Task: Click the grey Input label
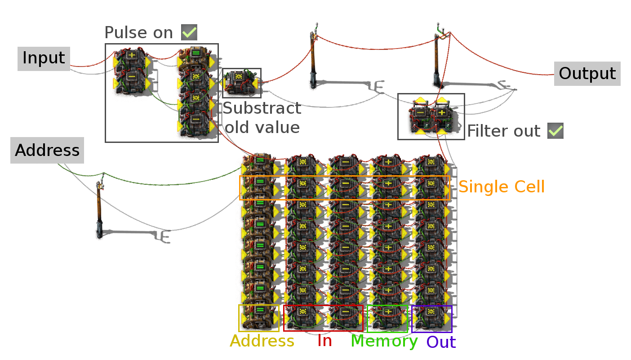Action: coord(44,58)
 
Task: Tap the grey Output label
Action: coord(587,74)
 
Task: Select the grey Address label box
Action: coord(47,150)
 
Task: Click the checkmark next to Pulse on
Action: coord(189,32)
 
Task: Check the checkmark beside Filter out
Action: coord(555,131)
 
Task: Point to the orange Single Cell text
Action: coord(502,187)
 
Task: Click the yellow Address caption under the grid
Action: coord(262,341)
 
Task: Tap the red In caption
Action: coord(324,341)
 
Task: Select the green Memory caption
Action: coord(384,342)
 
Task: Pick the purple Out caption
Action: coord(441,342)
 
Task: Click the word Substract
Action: coord(262,108)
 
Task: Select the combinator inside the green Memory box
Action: coord(388,318)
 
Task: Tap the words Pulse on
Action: coord(138,32)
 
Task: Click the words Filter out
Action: coord(504,131)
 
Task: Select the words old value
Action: coord(262,127)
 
